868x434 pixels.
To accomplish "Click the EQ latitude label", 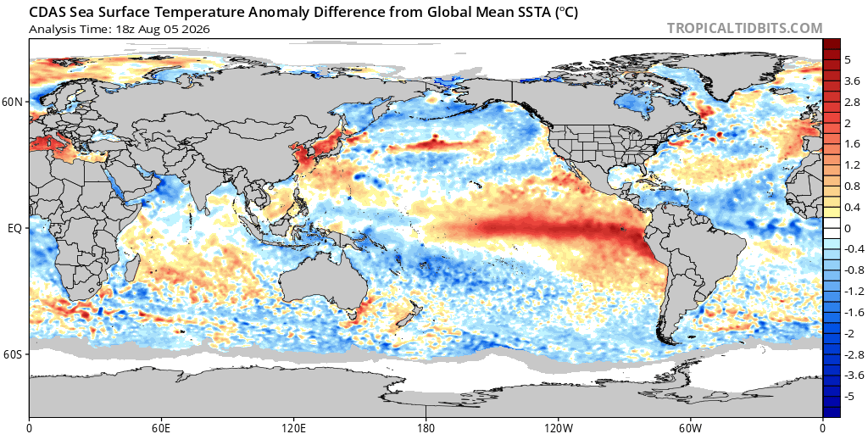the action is point(15,227).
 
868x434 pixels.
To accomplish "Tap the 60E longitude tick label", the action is point(161,427).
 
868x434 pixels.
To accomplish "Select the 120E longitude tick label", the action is point(293,427).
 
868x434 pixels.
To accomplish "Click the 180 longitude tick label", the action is point(426,427).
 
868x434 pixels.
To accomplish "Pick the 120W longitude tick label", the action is point(558,427).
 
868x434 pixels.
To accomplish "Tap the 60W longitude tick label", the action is point(690,427).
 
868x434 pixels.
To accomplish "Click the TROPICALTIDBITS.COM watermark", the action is point(744,28).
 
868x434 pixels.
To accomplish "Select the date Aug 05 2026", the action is point(180,30).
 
